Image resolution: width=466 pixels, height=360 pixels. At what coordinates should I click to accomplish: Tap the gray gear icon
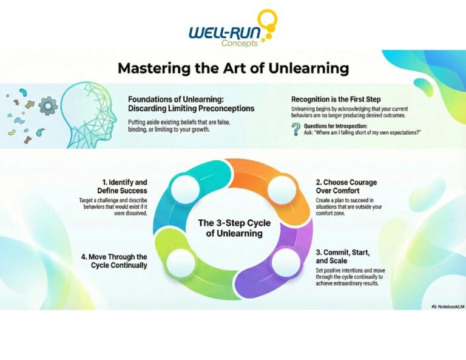[47, 107]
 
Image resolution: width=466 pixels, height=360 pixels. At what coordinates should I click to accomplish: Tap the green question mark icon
[295, 129]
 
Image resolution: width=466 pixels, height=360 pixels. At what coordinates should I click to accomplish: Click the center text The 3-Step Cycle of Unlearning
[234, 228]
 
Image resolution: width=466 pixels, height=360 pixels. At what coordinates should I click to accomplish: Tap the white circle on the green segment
[181, 262]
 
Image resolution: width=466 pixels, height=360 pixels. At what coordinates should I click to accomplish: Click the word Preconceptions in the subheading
[220, 109]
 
